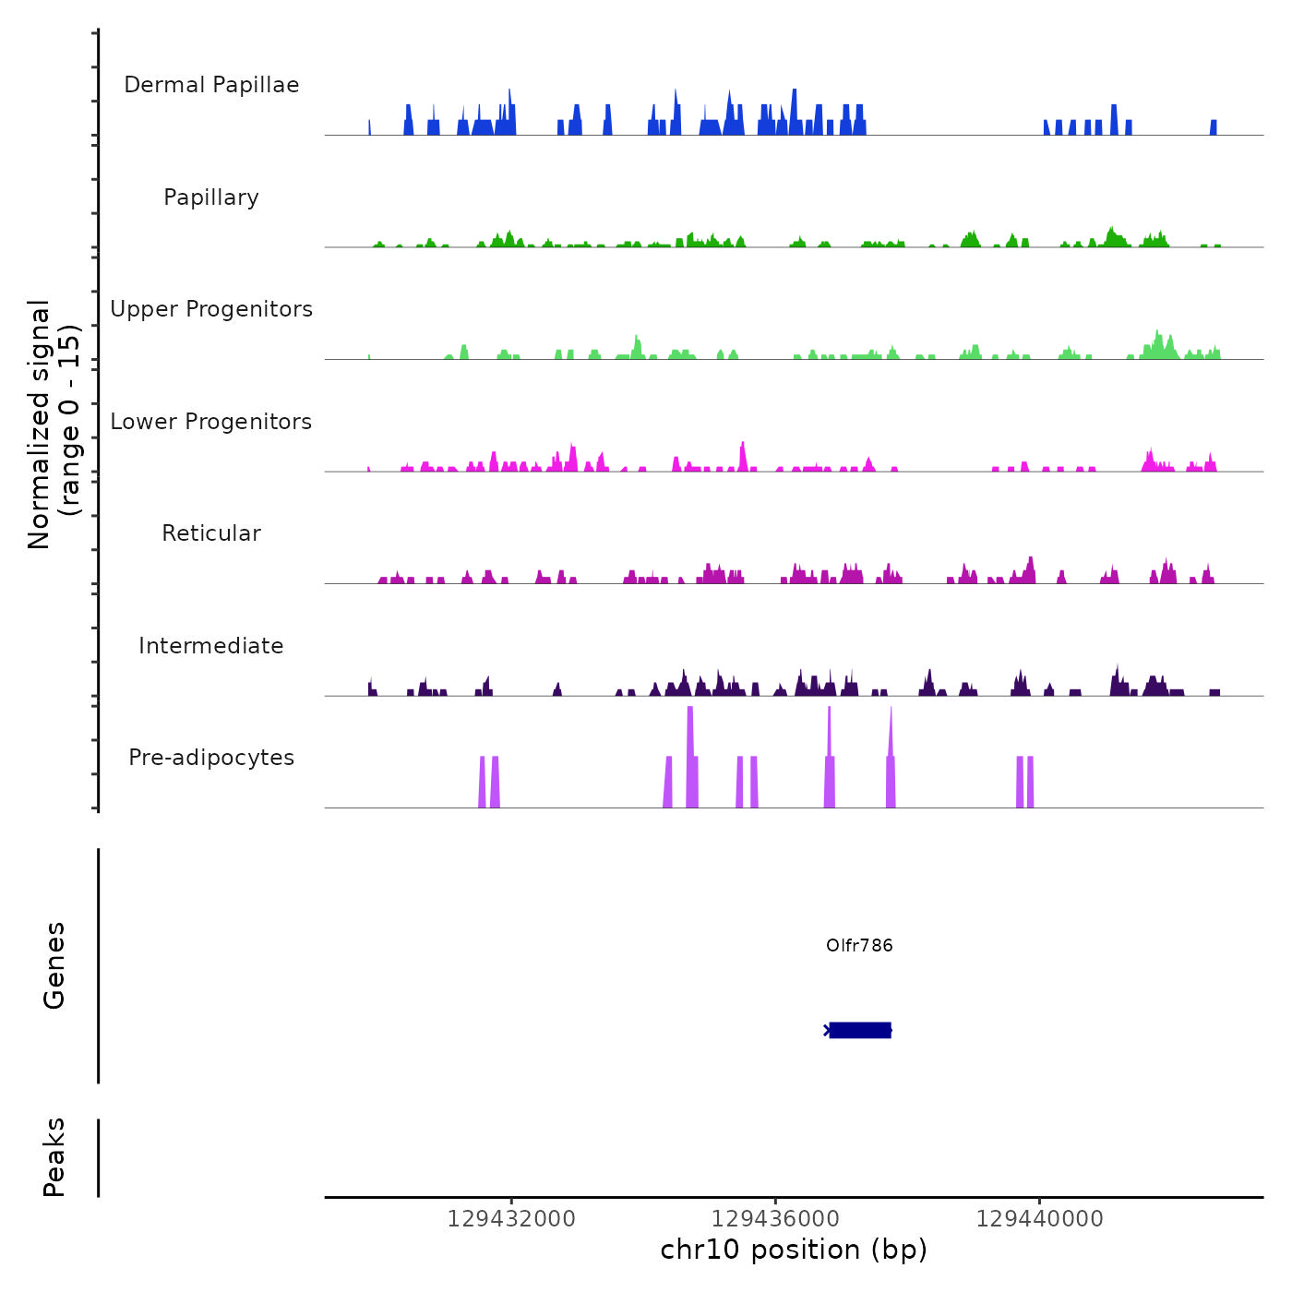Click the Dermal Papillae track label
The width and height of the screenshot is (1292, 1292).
click(x=211, y=85)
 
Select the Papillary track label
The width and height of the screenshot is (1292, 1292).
click(x=211, y=197)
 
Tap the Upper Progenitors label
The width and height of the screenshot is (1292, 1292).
click(x=211, y=309)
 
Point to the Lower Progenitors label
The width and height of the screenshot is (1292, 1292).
click(x=211, y=422)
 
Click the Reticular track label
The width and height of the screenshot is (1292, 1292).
click(x=211, y=533)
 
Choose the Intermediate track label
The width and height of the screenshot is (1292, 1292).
click(x=211, y=646)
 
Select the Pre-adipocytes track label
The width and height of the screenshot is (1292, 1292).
click(x=211, y=758)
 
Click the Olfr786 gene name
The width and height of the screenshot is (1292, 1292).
click(x=859, y=945)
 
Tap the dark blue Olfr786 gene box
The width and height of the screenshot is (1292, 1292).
click(x=860, y=1030)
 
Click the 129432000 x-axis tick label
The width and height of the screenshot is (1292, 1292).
click(x=511, y=1219)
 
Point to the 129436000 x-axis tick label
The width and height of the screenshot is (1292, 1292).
click(x=775, y=1219)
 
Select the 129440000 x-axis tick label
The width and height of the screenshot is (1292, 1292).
click(x=1039, y=1219)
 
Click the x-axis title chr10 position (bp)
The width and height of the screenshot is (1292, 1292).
click(x=794, y=1250)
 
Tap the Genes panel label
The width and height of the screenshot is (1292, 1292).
click(x=54, y=965)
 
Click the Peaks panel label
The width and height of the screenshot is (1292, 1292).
click(x=54, y=1157)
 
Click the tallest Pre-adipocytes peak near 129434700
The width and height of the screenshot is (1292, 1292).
click(x=690, y=757)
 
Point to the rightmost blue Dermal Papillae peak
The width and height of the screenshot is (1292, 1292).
click(x=1214, y=128)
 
